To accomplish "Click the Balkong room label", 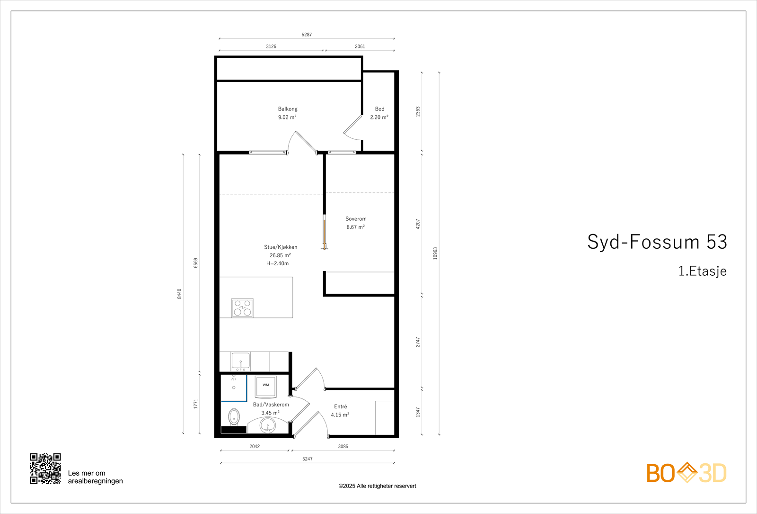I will click(x=288, y=109).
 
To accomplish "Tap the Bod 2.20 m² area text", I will click(x=379, y=117).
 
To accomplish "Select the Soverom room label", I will click(x=356, y=219).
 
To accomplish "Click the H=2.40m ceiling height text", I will click(x=277, y=263).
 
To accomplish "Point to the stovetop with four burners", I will click(x=242, y=307).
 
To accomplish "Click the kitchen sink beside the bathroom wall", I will click(x=240, y=361).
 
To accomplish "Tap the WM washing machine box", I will click(x=265, y=386).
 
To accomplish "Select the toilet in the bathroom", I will click(x=234, y=417).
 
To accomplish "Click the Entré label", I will click(x=340, y=406).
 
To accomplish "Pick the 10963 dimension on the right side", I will click(x=435, y=253).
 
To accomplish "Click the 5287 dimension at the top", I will click(x=307, y=35).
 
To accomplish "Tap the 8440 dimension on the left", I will click(x=179, y=294).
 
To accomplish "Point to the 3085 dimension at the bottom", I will click(x=343, y=446).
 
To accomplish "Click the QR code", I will click(x=45, y=469).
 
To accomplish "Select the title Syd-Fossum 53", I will click(x=657, y=242).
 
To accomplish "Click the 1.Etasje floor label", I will click(x=702, y=271).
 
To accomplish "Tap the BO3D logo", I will click(x=686, y=473).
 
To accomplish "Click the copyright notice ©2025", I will click(x=377, y=486).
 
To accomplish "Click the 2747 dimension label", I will click(x=418, y=342).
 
